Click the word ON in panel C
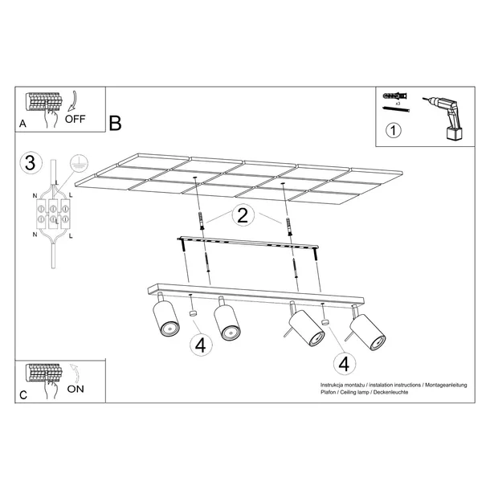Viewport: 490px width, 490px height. click(x=77, y=389)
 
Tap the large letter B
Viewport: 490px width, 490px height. click(x=115, y=124)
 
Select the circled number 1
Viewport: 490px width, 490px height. click(x=394, y=131)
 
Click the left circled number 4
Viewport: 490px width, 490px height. click(x=201, y=345)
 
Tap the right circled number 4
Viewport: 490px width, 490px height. click(x=344, y=363)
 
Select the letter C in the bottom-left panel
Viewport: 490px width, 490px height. click(x=22, y=394)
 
